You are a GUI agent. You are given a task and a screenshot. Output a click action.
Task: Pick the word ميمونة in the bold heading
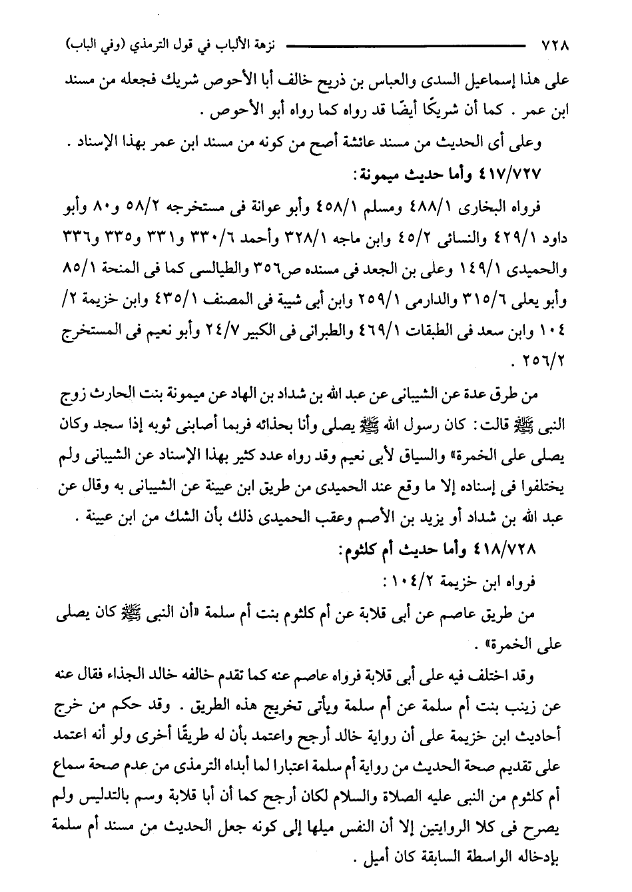point(386,173)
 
